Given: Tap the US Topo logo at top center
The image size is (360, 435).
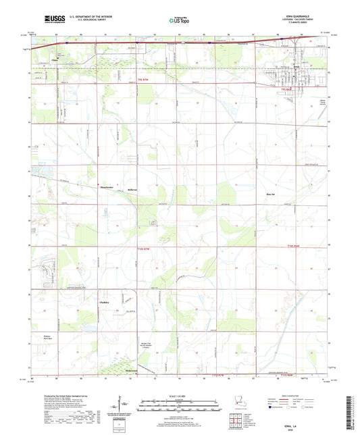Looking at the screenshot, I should (x=174, y=21).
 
